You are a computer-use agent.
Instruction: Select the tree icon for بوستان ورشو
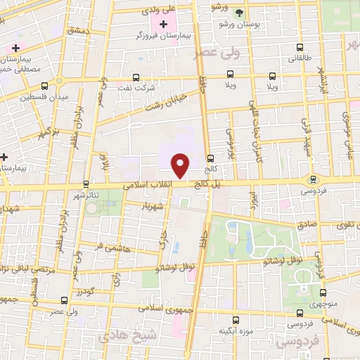point(239,13)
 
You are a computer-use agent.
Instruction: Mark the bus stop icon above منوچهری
point(323,293)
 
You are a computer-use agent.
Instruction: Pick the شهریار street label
point(152,206)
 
